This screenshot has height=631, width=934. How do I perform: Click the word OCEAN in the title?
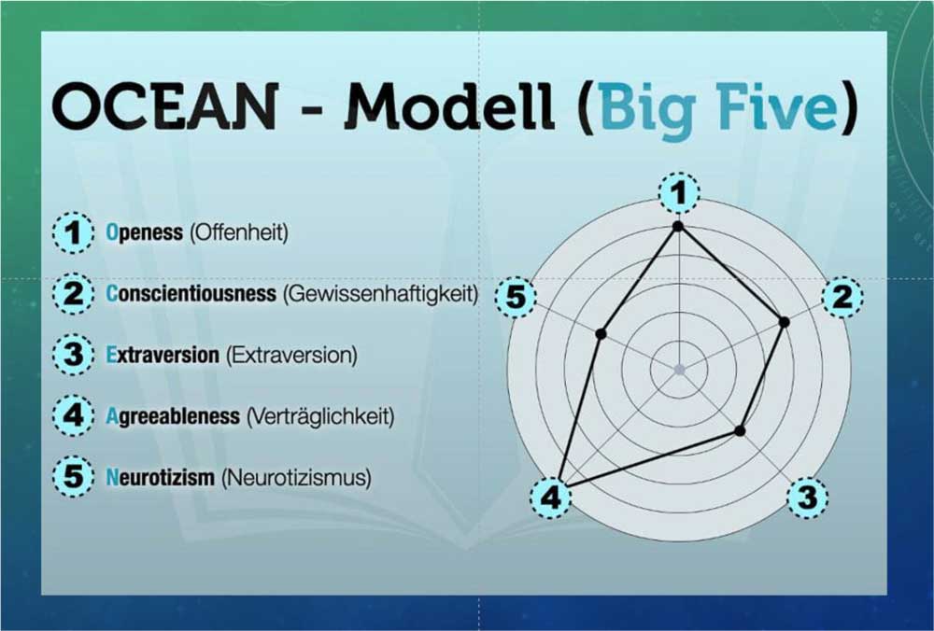pos(165,106)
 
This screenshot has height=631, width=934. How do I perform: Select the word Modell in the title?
pos(450,106)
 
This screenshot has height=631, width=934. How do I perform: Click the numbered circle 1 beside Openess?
pos(73,232)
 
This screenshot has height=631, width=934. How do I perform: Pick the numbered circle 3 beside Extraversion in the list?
pos(73,354)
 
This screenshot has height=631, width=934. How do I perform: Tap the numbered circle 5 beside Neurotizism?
pos(73,476)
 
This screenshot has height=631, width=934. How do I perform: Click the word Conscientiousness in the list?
pos(191,293)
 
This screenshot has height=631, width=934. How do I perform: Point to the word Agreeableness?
pos(173,415)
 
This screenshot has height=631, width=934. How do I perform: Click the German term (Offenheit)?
pos(239,232)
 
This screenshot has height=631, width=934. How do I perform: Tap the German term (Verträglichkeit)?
pos(320,415)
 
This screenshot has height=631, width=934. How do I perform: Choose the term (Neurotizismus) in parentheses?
pos(296,477)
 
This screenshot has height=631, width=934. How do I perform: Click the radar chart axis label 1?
pos(678,193)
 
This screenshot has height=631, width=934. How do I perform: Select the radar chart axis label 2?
pos(842,297)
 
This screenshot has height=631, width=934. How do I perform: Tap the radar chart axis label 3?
pos(808,498)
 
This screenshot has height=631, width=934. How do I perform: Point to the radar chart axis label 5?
pos(516,297)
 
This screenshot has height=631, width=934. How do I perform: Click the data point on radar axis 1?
pos(676,226)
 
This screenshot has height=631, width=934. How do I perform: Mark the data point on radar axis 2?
pos(785,322)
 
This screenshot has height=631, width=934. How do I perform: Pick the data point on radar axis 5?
pos(601,334)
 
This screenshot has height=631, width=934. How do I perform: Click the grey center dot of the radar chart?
pos(679,370)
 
